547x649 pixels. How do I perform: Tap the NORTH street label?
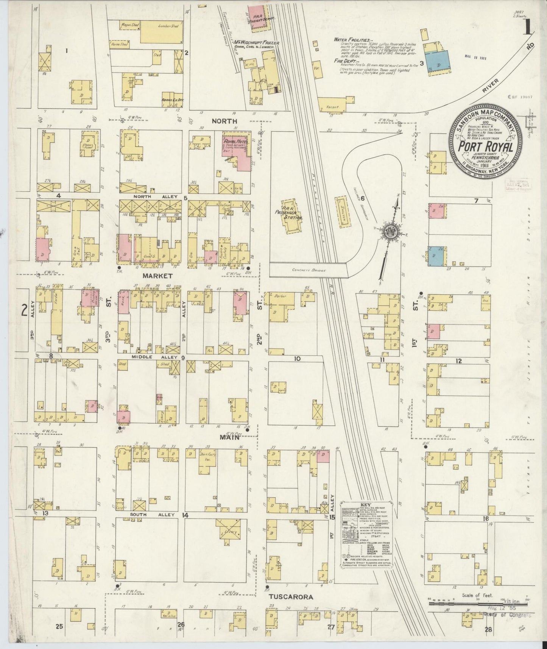(224, 121)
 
